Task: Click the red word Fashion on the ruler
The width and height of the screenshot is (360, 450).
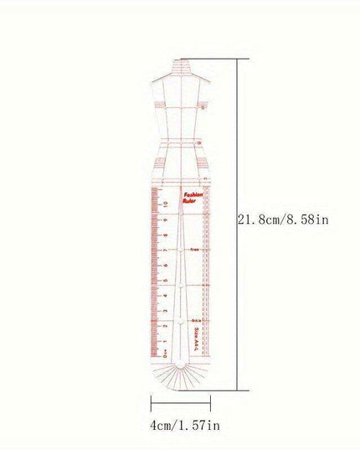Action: click(193, 192)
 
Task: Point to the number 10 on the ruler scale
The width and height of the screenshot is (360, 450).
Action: click(166, 204)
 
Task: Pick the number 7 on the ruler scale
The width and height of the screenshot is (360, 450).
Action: click(166, 251)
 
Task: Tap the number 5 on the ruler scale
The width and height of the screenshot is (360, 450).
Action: click(166, 282)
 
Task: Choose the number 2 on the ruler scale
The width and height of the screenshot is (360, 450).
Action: click(166, 327)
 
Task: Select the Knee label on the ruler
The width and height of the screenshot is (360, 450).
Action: click(195, 249)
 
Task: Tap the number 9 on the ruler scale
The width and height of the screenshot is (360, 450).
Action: click(166, 220)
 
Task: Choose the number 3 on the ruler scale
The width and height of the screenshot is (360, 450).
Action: click(166, 312)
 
